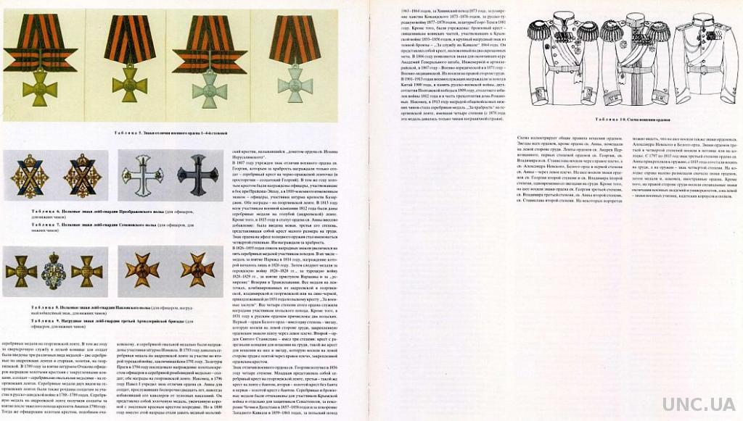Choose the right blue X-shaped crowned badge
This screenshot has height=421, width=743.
coord(81,175)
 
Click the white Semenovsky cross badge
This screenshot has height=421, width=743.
coord(142,175)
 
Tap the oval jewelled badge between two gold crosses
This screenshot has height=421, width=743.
coord(55,271)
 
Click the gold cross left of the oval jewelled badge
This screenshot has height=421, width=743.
coord(20,271)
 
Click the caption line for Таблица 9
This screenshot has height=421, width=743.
coord(109,320)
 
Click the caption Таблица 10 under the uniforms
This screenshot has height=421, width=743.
coord(631,118)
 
